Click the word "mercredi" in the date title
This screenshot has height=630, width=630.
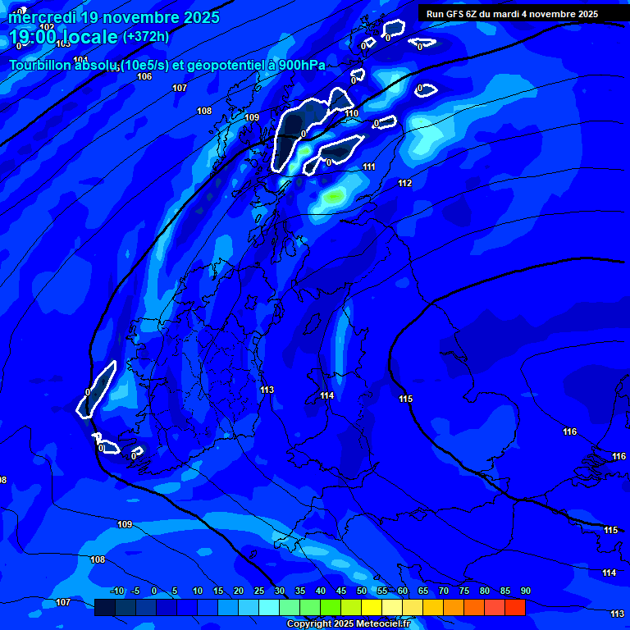point(42,17)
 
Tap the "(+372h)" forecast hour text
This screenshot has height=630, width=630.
point(146,37)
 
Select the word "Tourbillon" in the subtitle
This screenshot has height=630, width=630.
point(42,66)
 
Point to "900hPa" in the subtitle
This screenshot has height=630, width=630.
point(302,66)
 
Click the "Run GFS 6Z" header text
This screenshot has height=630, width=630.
point(453,14)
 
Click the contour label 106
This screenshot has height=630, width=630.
point(144,76)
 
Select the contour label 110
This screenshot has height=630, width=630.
point(352,114)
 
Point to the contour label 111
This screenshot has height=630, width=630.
point(369,167)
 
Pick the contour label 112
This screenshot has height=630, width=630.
point(404,183)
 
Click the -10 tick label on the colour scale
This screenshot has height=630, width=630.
point(116,591)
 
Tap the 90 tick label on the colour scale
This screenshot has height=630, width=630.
point(525,591)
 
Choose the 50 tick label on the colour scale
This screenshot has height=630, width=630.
point(361,591)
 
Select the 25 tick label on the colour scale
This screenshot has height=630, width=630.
point(258,591)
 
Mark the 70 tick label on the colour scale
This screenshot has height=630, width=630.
point(443,591)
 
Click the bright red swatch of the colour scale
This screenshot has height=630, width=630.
point(514,607)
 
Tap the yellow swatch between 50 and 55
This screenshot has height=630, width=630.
point(371,607)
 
